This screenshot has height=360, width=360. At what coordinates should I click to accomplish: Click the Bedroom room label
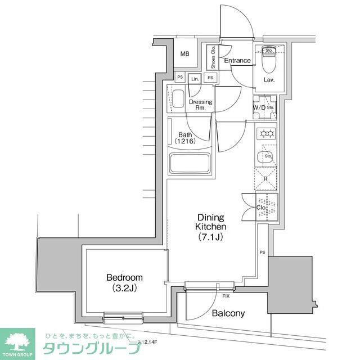(x=124, y=277)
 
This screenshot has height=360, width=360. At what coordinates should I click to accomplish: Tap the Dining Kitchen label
(x=211, y=222)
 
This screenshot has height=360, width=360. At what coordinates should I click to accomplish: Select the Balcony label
(x=228, y=313)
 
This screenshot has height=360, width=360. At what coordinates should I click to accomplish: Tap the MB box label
(x=185, y=54)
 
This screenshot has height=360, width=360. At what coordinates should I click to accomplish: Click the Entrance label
(x=237, y=61)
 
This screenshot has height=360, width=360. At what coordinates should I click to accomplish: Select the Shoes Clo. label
(x=213, y=57)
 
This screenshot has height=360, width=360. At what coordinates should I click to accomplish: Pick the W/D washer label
(x=259, y=107)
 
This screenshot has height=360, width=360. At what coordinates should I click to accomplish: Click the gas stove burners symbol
(x=265, y=134)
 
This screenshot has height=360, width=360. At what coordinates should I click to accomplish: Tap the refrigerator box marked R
(x=265, y=179)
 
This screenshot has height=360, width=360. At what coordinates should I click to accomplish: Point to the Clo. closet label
(x=260, y=207)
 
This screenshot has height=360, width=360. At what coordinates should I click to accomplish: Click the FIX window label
(x=226, y=295)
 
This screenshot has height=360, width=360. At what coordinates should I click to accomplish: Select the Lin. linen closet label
(x=195, y=79)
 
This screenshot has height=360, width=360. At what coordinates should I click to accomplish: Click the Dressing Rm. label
(x=201, y=105)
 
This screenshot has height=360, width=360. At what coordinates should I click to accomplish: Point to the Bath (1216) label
(x=185, y=138)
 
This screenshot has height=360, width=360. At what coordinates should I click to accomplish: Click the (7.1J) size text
(x=211, y=236)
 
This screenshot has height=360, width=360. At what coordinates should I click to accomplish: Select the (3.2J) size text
(x=124, y=289)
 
